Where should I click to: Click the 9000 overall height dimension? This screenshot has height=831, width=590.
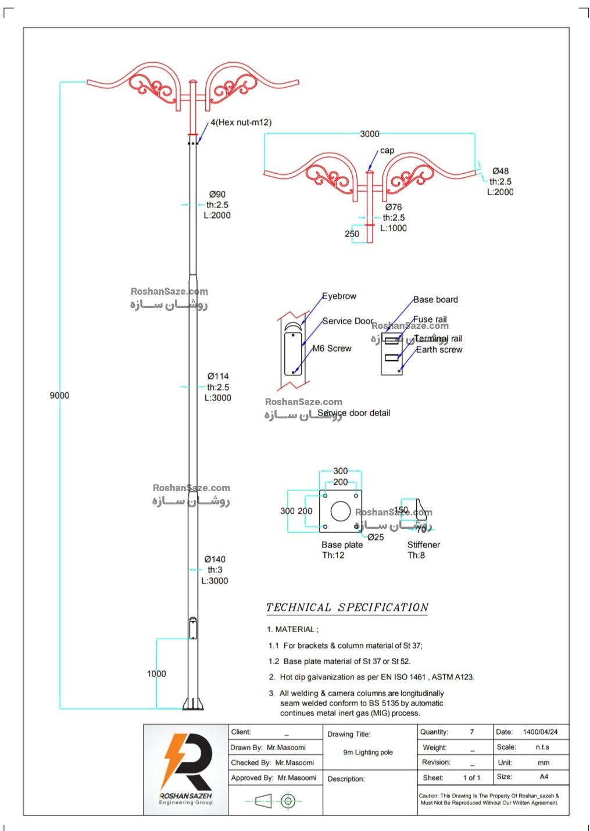tap(59, 396)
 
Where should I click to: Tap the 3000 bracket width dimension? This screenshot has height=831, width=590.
tap(369, 134)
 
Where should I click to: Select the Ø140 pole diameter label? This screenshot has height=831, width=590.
tap(215, 560)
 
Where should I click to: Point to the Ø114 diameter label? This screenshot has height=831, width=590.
tap(218, 377)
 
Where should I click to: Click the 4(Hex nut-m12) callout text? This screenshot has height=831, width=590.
tap(241, 123)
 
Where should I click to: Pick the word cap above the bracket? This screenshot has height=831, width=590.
tap(387, 151)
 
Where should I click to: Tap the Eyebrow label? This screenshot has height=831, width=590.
tap(339, 296)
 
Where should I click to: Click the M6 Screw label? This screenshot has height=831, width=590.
tap(332, 349)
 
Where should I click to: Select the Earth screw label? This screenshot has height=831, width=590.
tap(439, 350)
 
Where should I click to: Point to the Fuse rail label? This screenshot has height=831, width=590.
tap(430, 320)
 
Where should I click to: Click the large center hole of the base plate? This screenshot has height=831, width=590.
tap(340, 511)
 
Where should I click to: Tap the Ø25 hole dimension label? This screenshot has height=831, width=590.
tap(376, 538)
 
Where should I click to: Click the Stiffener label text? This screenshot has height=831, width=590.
tap(423, 545)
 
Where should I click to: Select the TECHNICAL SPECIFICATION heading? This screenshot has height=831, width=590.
tap(347, 608)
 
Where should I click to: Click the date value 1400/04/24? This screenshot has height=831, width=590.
tap(540, 732)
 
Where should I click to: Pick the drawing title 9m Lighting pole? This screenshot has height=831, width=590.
tap(368, 753)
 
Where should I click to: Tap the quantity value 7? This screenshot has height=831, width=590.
tap(472, 732)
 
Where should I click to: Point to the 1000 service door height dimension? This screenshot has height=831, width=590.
tap(156, 674)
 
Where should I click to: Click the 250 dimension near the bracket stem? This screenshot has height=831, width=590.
tap(352, 234)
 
